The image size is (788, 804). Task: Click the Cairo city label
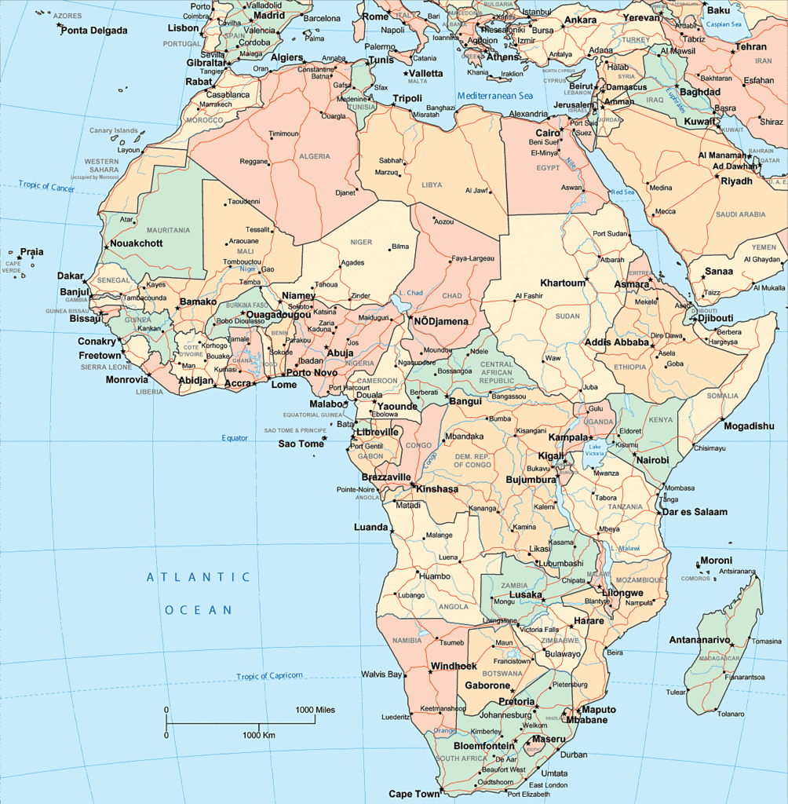[x=548, y=133]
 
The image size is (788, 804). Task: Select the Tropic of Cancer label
[x=46, y=186]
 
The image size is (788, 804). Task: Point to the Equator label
[x=234, y=438]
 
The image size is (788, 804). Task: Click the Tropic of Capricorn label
[x=269, y=676]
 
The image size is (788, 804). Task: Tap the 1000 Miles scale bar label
[x=315, y=710]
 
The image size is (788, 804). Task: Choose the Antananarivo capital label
[x=699, y=640]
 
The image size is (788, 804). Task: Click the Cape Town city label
[x=414, y=794]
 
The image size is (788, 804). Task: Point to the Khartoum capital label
[x=563, y=283]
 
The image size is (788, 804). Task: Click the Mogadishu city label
[x=749, y=426]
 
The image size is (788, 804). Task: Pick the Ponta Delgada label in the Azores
[x=93, y=31]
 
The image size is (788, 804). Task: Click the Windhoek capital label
[x=454, y=667]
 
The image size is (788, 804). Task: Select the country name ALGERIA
[x=314, y=156]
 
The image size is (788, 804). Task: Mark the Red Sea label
[x=623, y=192]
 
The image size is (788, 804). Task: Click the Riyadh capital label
[x=736, y=181]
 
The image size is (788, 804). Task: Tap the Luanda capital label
[x=370, y=527]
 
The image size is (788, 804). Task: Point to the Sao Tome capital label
[x=301, y=444]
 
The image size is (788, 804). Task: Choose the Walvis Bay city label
[x=381, y=674]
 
